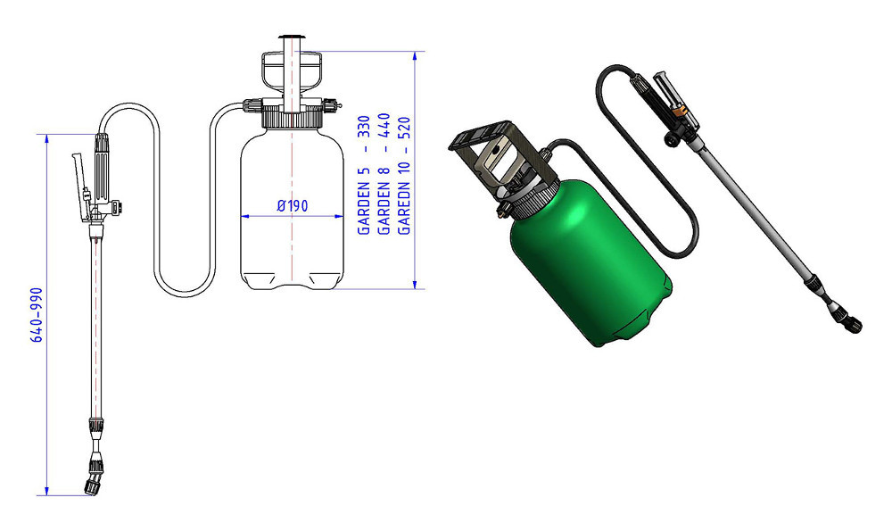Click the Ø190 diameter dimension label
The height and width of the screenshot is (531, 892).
click(x=293, y=205)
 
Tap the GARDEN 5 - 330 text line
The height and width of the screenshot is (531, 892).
click(x=364, y=175)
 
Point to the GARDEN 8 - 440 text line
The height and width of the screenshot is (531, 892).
click(x=384, y=174)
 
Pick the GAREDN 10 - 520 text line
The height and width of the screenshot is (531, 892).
click(x=404, y=175)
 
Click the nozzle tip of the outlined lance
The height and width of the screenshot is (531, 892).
click(x=93, y=486)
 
